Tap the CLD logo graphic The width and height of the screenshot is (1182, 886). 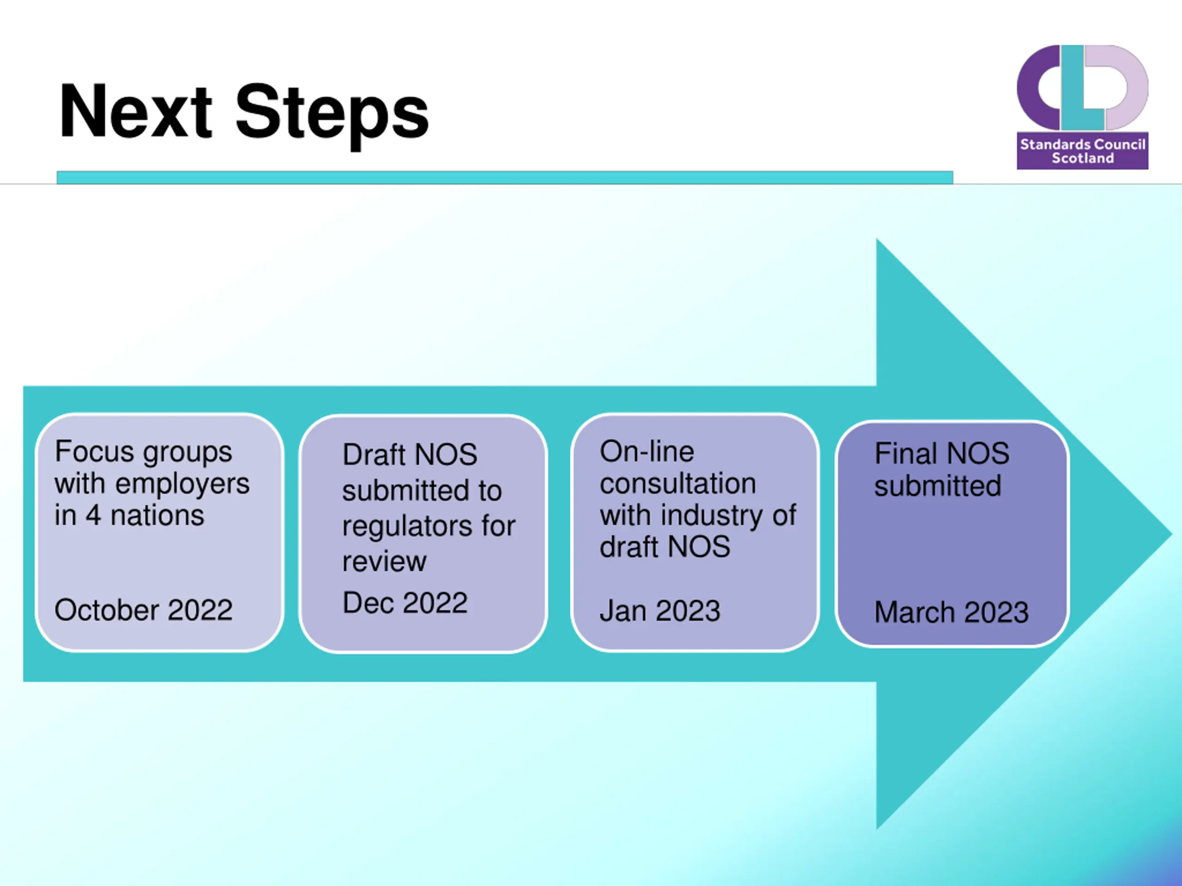[1082, 88]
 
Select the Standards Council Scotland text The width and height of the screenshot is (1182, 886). [1083, 151]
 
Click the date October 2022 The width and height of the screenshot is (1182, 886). [143, 610]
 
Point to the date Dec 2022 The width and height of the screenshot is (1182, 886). [404, 603]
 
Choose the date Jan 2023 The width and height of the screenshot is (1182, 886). [660, 611]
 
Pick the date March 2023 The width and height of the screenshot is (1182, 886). [951, 612]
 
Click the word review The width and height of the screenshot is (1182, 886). [384, 561]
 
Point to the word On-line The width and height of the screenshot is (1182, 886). [646, 452]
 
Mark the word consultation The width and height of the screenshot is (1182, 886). [677, 484]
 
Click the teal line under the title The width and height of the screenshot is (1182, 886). [505, 177]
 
